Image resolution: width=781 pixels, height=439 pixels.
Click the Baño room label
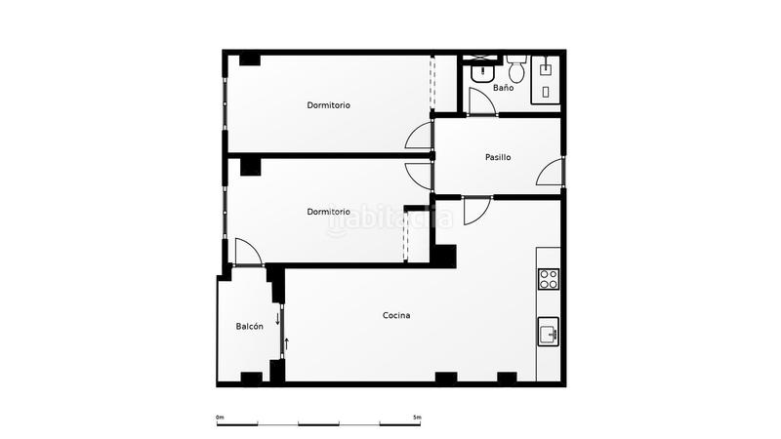(x=503, y=88)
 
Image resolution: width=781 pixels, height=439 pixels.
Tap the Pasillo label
(x=498, y=157)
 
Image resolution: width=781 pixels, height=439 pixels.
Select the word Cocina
(x=396, y=315)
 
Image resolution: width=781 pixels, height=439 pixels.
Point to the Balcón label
(x=249, y=327)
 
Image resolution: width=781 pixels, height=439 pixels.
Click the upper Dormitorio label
(x=328, y=105)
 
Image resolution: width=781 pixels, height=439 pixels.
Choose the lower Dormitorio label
(x=328, y=212)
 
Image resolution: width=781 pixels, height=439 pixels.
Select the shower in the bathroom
(x=546, y=78)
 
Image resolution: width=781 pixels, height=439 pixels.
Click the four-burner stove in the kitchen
(x=549, y=280)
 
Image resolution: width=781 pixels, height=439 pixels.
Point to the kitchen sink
(x=549, y=334)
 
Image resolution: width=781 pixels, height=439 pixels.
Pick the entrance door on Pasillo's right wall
(x=551, y=172)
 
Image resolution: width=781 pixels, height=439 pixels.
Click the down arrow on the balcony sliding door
(x=277, y=318)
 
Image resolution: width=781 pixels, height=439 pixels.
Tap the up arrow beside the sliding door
(x=288, y=341)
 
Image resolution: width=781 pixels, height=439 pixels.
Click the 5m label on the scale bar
(x=417, y=418)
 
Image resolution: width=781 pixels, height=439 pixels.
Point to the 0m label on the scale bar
(x=220, y=418)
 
